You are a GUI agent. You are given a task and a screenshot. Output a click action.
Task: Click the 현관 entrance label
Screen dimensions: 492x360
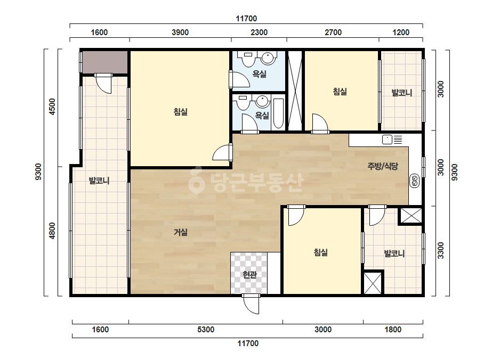click(250, 275)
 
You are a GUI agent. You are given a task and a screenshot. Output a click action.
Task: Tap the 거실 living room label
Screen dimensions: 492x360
click(181, 232)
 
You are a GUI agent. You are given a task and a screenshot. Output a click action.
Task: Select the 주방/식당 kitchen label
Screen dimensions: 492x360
click(383, 166)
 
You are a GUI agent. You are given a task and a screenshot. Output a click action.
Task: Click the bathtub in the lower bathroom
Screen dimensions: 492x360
click(278, 114)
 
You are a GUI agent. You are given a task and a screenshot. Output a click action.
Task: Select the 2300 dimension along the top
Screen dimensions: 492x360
click(259, 32)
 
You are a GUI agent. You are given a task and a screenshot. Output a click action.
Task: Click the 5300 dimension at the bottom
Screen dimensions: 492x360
click(206, 330)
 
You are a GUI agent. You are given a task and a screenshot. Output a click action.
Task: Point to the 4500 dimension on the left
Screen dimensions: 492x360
click(52, 107)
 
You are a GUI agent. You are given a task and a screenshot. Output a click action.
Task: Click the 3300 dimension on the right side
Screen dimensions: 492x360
click(440, 250)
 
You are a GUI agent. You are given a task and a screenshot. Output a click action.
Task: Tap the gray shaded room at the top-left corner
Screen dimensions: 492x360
click(105, 62)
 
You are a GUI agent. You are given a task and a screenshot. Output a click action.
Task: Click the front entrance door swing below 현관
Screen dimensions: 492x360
click(251, 304)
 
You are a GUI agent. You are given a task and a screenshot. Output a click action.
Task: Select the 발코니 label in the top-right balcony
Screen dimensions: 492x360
click(401, 93)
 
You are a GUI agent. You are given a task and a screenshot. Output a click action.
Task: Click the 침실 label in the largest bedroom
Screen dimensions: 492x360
click(181, 112)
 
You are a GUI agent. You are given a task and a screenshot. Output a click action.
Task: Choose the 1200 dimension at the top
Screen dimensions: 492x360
click(401, 32)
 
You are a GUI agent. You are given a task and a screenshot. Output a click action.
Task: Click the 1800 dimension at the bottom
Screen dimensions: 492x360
click(393, 330)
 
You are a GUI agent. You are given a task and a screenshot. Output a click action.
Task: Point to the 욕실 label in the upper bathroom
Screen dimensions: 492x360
click(260, 74)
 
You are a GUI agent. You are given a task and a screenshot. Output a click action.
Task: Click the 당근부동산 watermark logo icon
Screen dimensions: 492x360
click(197, 180)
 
